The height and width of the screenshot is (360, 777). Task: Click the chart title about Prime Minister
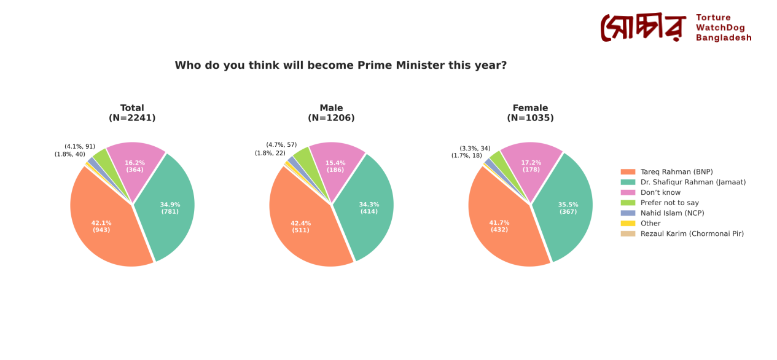(340, 66)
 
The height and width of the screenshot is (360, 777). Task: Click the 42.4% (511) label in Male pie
(300, 227)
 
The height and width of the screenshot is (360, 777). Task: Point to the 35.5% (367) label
(568, 208)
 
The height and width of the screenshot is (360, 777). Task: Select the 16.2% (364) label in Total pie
(135, 166)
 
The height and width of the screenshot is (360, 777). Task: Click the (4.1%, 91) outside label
(80, 147)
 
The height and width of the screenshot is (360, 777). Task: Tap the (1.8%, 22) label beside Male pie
(270, 153)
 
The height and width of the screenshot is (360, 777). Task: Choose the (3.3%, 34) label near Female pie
(475, 149)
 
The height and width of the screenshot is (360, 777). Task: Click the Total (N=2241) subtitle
(132, 113)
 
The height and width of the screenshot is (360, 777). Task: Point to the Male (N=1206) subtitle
(331, 113)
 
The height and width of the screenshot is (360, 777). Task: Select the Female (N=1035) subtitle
(530, 113)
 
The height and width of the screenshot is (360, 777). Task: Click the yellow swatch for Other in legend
(628, 224)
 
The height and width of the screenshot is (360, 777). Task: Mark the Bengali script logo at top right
(642, 28)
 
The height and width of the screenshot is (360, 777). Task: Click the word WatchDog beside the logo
(720, 28)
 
